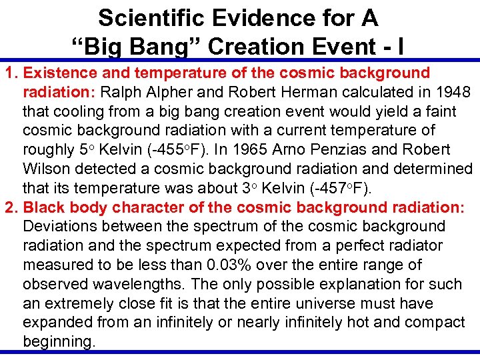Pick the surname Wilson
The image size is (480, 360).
click(x=46, y=169)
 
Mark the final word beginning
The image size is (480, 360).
click(x=58, y=342)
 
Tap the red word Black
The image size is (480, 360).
click(x=44, y=207)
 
